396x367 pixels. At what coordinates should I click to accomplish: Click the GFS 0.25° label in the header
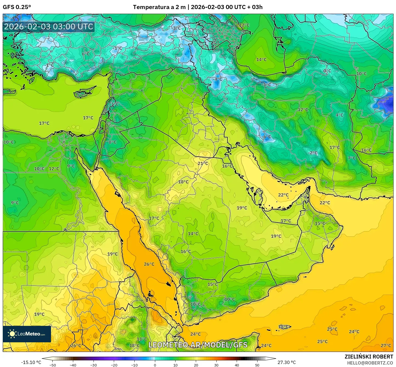click(x=17, y=7)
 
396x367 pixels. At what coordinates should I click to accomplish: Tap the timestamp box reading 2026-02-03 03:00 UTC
click(x=49, y=27)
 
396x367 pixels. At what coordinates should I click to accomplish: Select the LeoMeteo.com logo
click(x=27, y=334)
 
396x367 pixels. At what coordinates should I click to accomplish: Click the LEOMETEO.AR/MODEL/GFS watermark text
click(x=198, y=345)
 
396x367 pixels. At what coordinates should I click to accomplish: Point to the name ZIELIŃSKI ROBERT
click(x=369, y=357)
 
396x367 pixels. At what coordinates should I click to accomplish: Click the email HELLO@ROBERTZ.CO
click(x=370, y=363)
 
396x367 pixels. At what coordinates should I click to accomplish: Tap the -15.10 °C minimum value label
click(x=31, y=362)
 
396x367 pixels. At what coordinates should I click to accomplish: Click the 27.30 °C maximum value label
click(x=287, y=362)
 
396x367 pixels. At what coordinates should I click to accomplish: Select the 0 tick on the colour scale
click(x=155, y=365)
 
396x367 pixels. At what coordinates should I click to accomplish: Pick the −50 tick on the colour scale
click(x=52, y=365)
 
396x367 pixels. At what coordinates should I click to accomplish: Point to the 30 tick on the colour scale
click(x=216, y=365)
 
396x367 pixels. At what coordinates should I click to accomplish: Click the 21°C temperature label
click(x=203, y=163)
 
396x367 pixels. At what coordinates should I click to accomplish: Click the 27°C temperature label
click(x=386, y=345)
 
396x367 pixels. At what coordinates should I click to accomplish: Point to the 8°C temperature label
click(x=112, y=142)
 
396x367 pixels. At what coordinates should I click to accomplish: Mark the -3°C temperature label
click(x=176, y=28)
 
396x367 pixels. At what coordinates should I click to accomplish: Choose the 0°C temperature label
click(x=327, y=71)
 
